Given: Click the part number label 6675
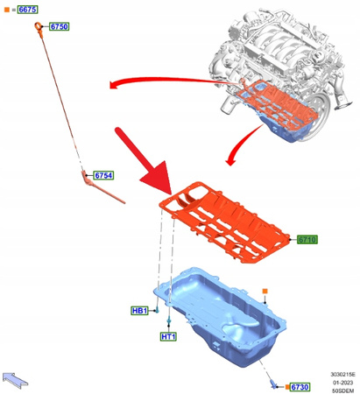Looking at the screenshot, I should (27, 9).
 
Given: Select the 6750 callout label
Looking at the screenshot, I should (60, 27).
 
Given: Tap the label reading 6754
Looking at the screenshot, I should (103, 175).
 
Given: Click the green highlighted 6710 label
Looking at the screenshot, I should (307, 239).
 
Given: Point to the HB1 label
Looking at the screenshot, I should (139, 310).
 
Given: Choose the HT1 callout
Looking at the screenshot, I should (168, 337).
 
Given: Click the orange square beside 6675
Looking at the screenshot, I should (6, 9).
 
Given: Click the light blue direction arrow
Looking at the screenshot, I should (16, 377).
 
